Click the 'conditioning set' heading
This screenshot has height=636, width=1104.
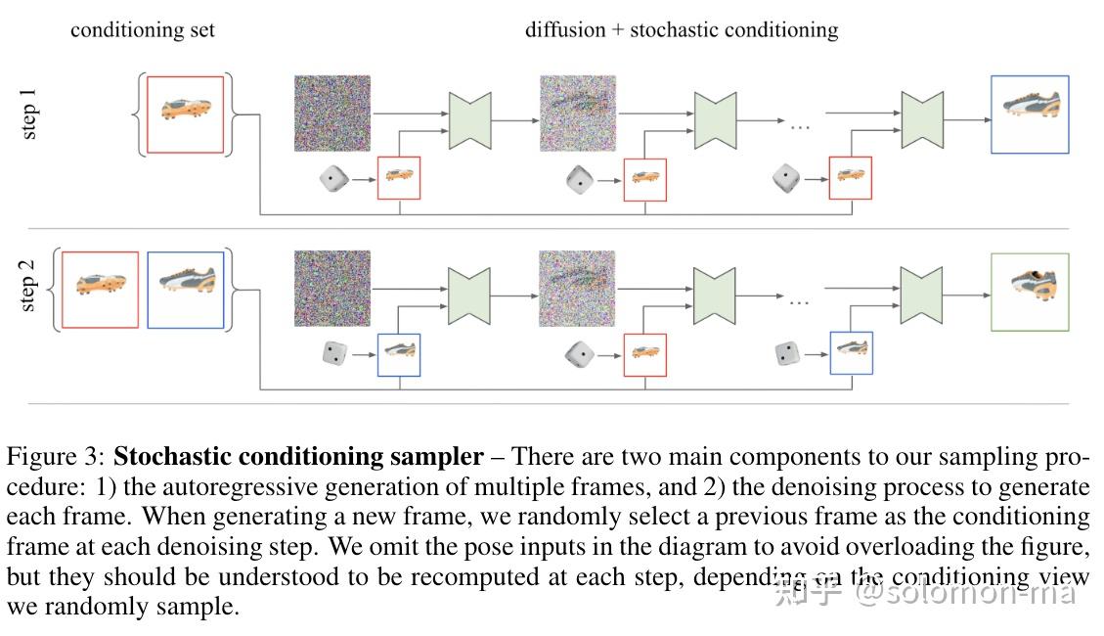point(143,30)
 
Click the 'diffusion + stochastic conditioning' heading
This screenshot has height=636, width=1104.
point(681,30)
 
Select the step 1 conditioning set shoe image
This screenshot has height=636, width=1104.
point(185,114)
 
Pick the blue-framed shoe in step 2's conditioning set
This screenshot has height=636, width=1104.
point(185,290)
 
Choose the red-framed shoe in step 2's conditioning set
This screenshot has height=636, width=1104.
point(100,290)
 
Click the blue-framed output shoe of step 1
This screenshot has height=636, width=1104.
point(1030,114)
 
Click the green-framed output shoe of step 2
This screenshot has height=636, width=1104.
point(1030,292)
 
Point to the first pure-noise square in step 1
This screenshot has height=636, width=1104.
point(332,114)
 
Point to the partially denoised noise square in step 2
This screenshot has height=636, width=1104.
point(578,289)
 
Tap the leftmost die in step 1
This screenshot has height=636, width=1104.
point(333,180)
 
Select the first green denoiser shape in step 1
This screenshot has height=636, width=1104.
point(469,120)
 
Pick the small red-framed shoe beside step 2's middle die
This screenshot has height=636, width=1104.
point(644,354)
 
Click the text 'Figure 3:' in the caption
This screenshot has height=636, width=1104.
point(56,457)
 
